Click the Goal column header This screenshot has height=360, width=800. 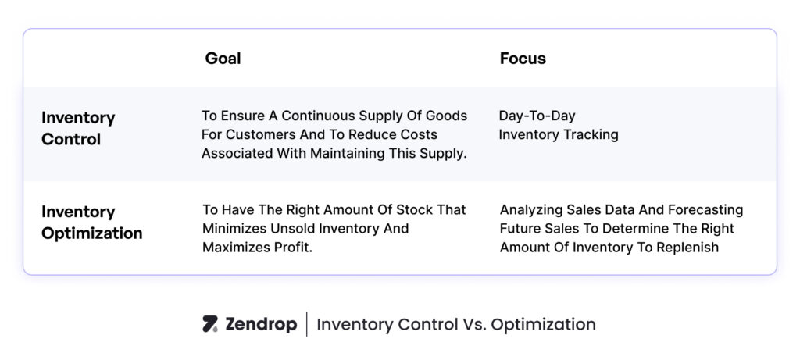223,59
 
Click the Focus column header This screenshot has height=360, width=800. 523,59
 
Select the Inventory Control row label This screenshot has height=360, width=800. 78,129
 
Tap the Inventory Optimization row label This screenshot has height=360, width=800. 91,223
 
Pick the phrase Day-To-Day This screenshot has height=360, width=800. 537,116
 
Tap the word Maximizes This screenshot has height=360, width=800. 235,248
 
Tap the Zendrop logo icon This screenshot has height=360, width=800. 210,324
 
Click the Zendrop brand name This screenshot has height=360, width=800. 260,324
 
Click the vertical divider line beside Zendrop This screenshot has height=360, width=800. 306,324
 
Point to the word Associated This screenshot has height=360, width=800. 239,154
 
